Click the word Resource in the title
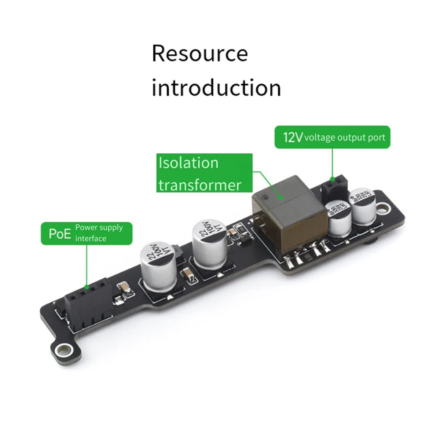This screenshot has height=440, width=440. pos(200,54)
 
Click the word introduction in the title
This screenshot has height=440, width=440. pos(216,88)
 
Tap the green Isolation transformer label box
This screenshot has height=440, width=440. pos(204,173)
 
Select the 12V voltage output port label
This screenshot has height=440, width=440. pos(332,137)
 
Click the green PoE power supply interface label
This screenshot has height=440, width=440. pos(86,233)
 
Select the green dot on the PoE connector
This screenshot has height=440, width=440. pos(87,287)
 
